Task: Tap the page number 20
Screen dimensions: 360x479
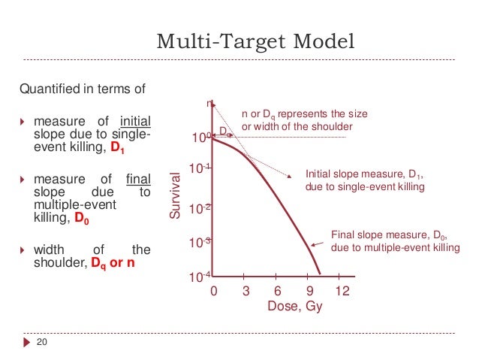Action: coord(43,343)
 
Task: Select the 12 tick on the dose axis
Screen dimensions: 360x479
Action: coord(342,291)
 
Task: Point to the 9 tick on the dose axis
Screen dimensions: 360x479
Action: coord(309,291)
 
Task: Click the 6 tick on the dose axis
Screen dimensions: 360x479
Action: coord(278,291)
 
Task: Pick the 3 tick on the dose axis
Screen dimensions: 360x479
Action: coord(245,291)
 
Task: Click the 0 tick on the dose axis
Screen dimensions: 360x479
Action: coord(212,291)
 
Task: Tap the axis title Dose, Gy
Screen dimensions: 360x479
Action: coord(279,307)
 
